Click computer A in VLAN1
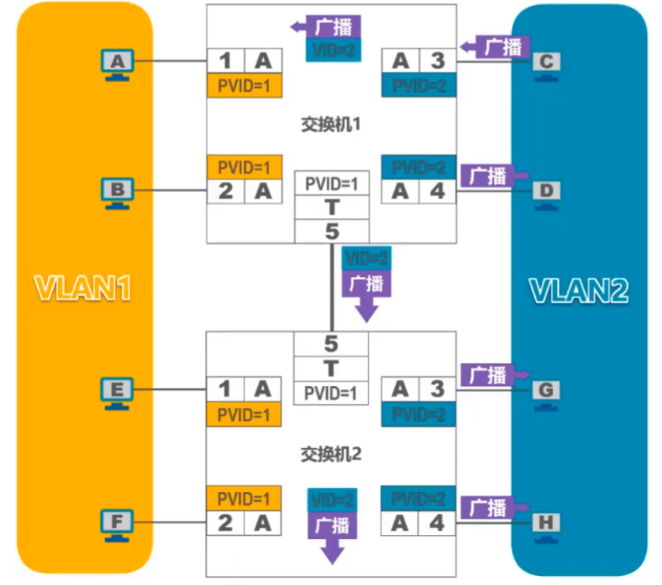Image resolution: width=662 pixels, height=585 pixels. point(117,63)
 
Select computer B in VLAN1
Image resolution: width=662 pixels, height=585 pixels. point(117,191)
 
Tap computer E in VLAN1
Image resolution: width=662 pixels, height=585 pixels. point(117,391)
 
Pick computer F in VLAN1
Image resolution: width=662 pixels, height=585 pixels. point(117,524)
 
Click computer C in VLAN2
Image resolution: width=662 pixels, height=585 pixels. point(546,64)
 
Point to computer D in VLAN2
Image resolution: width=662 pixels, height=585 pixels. point(546,193)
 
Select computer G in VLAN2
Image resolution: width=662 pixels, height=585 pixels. point(546,392)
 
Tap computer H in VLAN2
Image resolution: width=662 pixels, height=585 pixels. point(546,524)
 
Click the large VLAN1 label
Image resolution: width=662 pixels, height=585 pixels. point(82,288)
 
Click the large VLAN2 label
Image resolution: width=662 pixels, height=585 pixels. point(579,291)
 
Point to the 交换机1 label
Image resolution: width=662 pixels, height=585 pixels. point(331,123)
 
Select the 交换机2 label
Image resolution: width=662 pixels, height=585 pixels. point(331,454)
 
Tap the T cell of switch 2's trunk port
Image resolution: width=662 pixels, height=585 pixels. point(331,368)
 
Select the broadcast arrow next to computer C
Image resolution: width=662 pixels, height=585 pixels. point(496,47)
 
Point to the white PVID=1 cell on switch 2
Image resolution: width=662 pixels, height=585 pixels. point(331,393)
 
